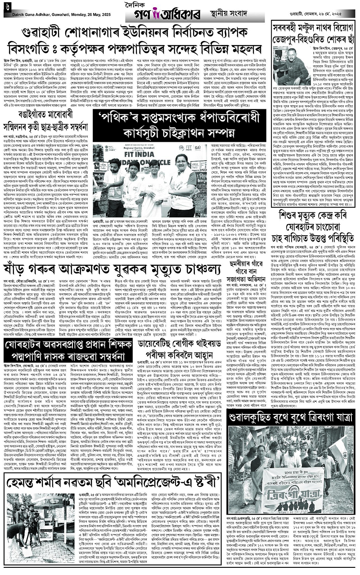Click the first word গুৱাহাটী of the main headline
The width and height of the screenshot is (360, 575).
(x=40, y=33)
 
